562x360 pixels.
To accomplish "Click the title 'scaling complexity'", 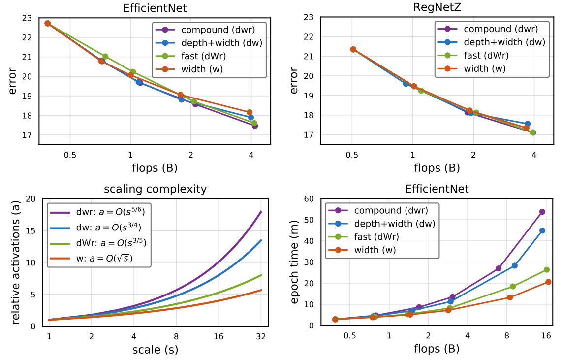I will coord(155,189).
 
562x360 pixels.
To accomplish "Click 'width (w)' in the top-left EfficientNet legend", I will coord(202,69).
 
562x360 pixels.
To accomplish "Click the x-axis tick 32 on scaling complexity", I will coord(261,337).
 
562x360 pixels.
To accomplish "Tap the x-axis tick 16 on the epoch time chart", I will coord(546,336).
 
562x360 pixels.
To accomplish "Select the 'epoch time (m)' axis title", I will coord(295,262).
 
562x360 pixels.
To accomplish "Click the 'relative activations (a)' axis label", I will coord(15,262).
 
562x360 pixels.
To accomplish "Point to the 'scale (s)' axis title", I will coord(155,350).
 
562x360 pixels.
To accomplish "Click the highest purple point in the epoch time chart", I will coord(542,212).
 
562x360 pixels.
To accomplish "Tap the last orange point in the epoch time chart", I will coord(548,282).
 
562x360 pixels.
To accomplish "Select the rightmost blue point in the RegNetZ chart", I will coord(528,124).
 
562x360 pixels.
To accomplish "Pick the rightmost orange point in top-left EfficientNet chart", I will coord(250,112).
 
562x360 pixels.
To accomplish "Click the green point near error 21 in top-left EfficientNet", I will coord(105,57).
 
